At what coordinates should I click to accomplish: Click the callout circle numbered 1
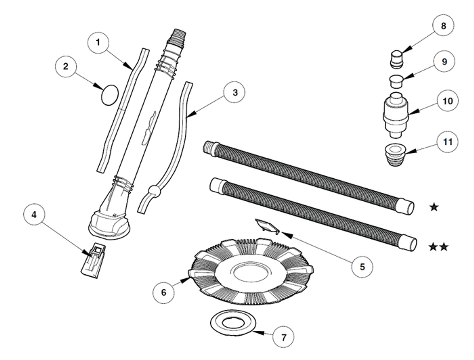coord(98,42)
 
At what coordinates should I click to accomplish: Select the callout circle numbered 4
coord(34,215)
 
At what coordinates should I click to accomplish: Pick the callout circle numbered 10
coord(448,101)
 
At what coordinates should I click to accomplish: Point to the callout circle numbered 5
coord(362,266)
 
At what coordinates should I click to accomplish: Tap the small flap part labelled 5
coord(266,225)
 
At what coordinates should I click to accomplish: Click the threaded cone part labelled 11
coord(395,156)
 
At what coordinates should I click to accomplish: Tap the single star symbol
coord(434,207)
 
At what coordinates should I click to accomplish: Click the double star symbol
coord(438,247)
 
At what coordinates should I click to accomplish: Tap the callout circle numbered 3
coord(235,92)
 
